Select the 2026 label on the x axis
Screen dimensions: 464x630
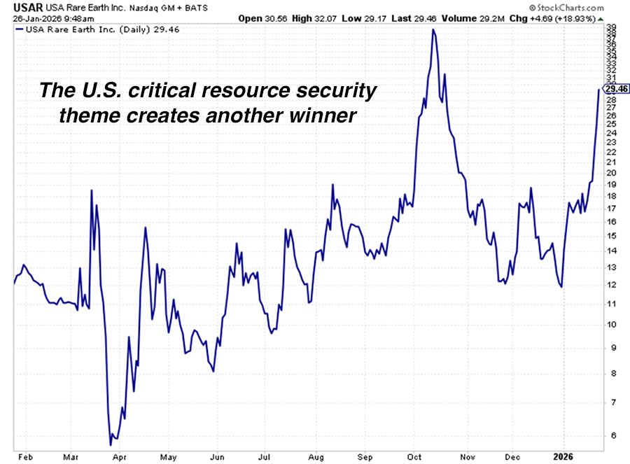coord(565,456)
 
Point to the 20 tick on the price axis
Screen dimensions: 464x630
coord(612,173)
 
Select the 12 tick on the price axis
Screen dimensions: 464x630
coord(612,285)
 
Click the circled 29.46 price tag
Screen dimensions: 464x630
coord(617,89)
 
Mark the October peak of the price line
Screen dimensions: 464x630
coord(434,30)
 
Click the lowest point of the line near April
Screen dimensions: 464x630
coord(111,444)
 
